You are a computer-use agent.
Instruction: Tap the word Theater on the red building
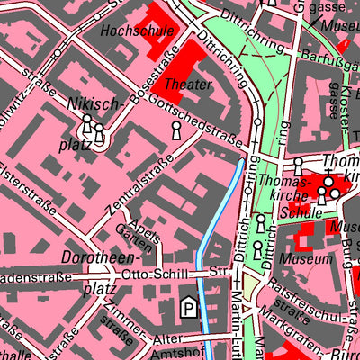[x=189, y=85]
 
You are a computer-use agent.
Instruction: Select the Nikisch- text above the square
[x=93, y=104]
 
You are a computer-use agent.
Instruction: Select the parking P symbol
[x=188, y=309]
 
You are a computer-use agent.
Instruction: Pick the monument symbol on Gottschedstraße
[x=175, y=132]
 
